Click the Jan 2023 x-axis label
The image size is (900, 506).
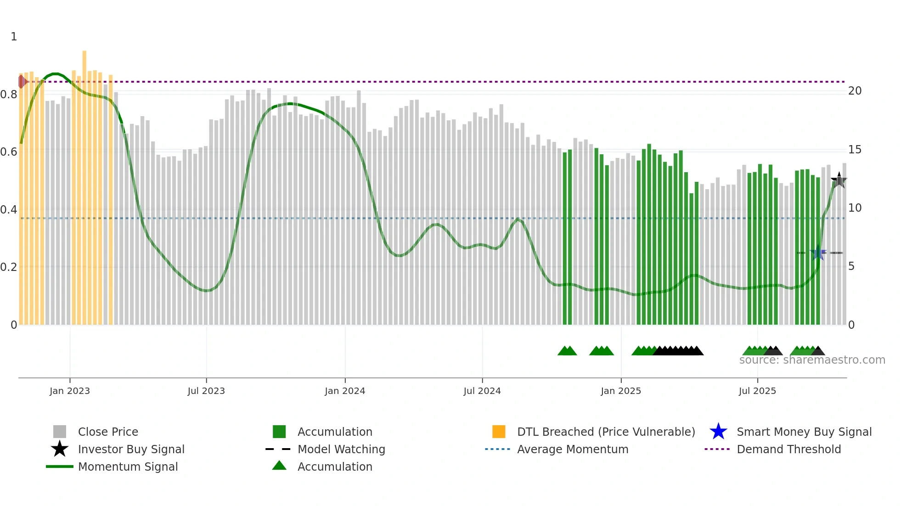coord(70,391)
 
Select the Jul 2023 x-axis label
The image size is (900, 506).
coord(206,391)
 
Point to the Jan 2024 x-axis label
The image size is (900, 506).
coord(345,391)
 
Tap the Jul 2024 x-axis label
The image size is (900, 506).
coord(482,391)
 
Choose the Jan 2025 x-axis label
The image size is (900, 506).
coord(621,391)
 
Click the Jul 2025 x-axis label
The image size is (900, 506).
coord(757,391)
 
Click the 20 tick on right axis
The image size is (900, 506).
coord(855,91)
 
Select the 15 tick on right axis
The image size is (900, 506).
coord(855,150)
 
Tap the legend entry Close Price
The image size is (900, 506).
coord(108,432)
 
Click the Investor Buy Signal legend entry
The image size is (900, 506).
coord(131,450)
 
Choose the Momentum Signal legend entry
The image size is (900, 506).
coord(128,467)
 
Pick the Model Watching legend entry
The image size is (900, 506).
coord(341,450)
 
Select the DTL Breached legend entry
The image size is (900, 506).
coord(606,432)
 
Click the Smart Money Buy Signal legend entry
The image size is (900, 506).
coord(804,432)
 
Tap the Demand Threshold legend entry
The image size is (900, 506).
coord(788,450)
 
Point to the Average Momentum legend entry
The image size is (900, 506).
coord(573,450)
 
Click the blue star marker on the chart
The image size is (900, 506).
coord(818,253)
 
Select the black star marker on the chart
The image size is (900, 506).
coord(839,180)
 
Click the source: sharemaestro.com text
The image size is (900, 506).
coord(812,360)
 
